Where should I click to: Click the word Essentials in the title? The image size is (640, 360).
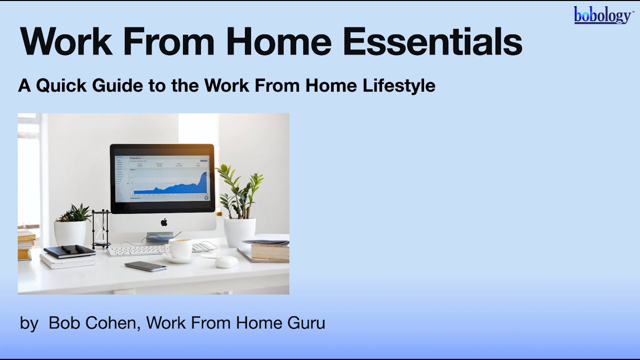click(x=432, y=42)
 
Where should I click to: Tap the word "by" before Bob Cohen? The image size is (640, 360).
click(x=29, y=323)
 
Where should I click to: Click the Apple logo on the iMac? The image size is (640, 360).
click(x=163, y=222)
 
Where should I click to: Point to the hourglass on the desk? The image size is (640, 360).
click(x=101, y=228)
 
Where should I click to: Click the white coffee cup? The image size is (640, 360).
click(x=179, y=248)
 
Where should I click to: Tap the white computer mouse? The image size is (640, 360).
click(x=226, y=261)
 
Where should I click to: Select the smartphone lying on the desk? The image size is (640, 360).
click(x=145, y=266)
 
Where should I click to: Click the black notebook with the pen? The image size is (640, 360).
click(x=69, y=251)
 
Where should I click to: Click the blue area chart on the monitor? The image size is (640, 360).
click(x=170, y=185)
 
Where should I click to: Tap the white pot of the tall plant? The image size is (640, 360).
click(x=239, y=231)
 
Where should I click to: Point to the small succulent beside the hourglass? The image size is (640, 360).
click(x=74, y=213)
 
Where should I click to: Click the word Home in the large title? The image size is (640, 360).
click(x=278, y=42)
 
